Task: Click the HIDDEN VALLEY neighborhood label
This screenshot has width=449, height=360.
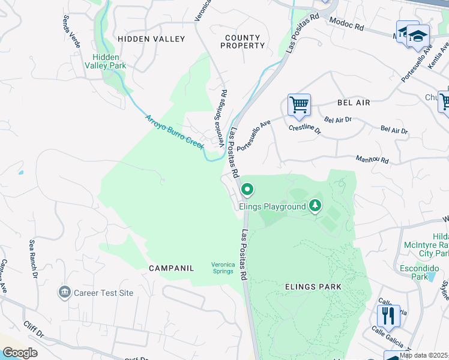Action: [151, 38]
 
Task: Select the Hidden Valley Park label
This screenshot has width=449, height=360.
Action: [109, 62]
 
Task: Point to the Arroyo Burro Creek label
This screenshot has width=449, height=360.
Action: [175, 132]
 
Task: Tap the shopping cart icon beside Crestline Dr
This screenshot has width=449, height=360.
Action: [298, 106]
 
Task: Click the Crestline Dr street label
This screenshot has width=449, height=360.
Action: [304, 128]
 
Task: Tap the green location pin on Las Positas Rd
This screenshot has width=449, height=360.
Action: [247, 191]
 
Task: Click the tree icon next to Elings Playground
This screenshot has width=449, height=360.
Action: [315, 207]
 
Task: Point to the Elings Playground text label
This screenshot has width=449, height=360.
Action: [273, 207]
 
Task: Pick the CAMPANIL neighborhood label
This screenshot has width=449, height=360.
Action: [172, 268]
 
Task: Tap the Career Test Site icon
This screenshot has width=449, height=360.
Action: [64, 293]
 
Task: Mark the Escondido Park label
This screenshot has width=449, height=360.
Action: [416, 273]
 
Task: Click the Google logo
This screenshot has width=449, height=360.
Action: [19, 353]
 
